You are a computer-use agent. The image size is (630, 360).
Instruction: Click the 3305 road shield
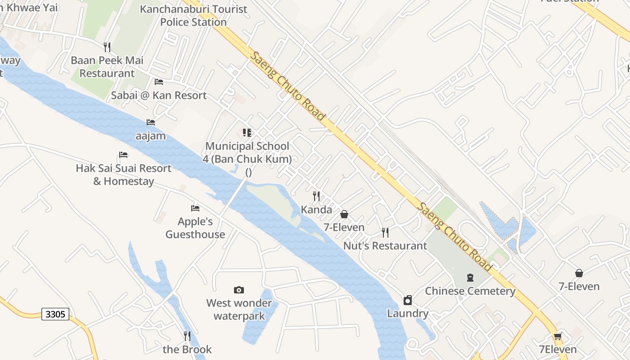(55, 314)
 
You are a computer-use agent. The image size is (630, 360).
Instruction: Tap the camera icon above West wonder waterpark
(239, 290)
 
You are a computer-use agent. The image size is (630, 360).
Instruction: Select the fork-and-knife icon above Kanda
(316, 196)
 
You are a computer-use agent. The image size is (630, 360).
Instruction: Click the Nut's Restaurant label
(385, 246)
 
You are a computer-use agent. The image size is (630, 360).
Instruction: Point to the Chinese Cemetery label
(470, 291)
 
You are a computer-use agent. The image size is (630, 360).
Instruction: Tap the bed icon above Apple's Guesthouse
(195, 208)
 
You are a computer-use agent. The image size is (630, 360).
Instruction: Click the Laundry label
(408, 313)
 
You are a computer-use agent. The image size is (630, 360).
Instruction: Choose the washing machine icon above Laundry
(408, 300)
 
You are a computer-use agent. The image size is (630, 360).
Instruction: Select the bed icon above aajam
(151, 122)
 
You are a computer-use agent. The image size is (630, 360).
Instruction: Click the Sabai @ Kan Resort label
(159, 95)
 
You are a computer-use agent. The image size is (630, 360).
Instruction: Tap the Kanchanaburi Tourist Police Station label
(193, 15)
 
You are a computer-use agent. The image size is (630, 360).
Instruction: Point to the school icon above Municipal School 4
(247, 133)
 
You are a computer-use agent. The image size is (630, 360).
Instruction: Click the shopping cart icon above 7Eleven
(558, 337)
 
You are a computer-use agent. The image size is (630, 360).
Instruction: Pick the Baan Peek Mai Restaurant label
(107, 67)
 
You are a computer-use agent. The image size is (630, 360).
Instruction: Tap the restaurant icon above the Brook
(187, 336)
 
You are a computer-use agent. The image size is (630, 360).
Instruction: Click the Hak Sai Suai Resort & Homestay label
(124, 175)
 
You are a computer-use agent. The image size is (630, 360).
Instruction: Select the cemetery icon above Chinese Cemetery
(470, 278)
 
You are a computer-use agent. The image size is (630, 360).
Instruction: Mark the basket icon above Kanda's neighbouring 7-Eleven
(344, 214)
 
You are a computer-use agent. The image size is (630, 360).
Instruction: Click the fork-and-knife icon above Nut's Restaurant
(385, 233)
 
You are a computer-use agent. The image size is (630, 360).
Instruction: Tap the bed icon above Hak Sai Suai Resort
(124, 155)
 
